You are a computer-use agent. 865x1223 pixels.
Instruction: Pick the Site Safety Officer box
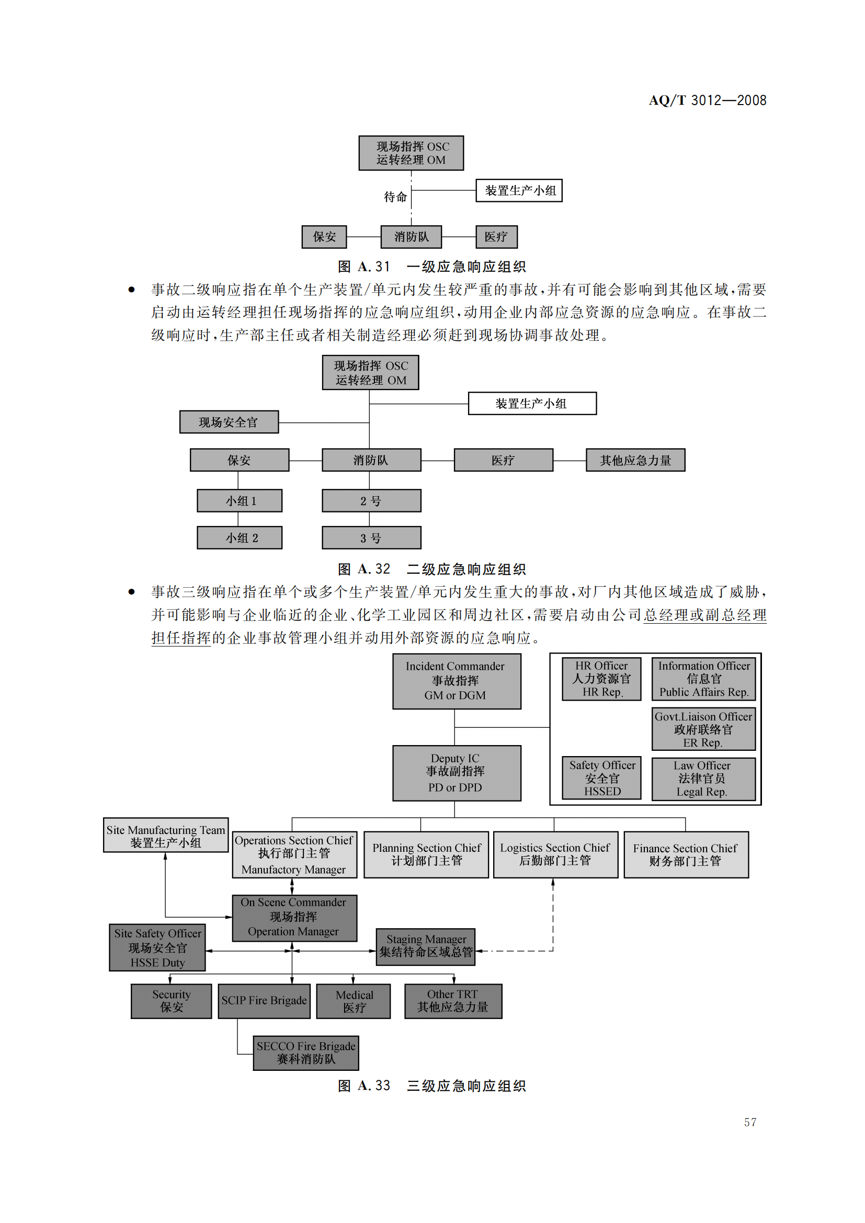(157, 947)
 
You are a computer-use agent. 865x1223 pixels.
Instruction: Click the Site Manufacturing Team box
(166, 836)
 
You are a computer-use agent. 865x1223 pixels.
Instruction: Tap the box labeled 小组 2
(240, 538)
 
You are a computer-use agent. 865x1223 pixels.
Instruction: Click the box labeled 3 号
(371, 538)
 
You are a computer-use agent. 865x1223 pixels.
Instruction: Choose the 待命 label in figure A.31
(395, 197)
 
